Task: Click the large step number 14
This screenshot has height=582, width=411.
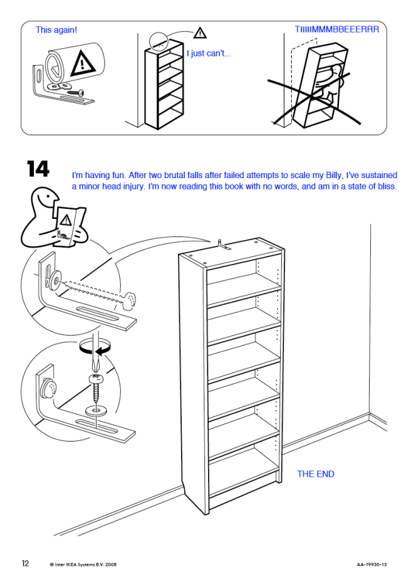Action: coord(38,169)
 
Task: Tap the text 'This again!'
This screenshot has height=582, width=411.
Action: coord(56,30)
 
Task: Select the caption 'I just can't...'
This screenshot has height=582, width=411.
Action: coord(209,53)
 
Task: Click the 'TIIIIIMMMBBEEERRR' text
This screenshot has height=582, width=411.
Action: coord(337,29)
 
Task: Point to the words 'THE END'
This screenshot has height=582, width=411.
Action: coord(316,474)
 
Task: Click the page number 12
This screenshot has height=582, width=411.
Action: coord(25,563)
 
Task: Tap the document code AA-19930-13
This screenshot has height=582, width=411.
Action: coord(372,564)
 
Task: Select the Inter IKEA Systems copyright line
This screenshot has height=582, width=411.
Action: coord(83,564)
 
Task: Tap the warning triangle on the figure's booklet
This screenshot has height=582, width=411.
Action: coord(66,220)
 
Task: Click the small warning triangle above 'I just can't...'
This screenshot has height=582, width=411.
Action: coord(200,33)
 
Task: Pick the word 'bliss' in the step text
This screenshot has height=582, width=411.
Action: coord(387,186)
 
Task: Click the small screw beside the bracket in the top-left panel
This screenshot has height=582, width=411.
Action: coord(76,92)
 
